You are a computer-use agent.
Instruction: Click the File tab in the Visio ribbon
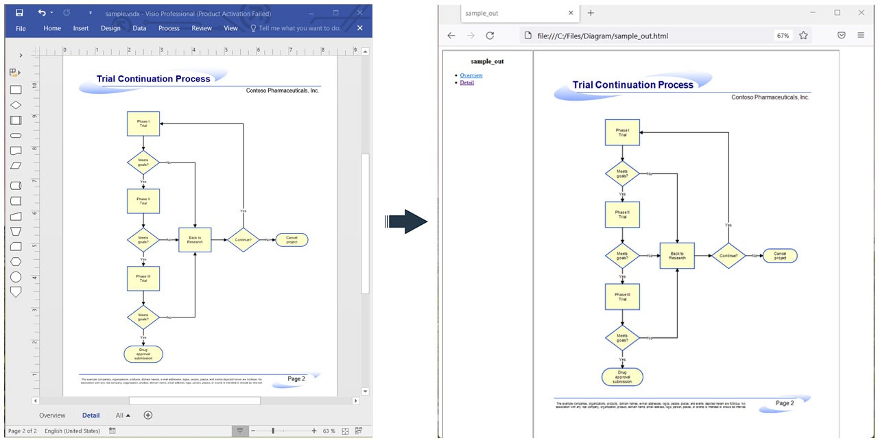[21, 28]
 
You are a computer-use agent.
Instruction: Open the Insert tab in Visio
[81, 28]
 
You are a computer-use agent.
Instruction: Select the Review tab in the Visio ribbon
[202, 28]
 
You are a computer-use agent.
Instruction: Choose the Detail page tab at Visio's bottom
[91, 415]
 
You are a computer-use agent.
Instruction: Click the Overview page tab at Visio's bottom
[52, 415]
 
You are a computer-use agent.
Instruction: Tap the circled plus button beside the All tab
[147, 415]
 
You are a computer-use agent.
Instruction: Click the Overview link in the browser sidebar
[471, 75]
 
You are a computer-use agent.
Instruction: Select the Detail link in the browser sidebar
[466, 82]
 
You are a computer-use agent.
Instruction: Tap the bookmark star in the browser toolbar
[803, 36]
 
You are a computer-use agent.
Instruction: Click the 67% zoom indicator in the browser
[782, 36]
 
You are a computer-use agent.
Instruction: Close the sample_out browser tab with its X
[571, 13]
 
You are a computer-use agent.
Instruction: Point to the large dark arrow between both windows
[407, 221]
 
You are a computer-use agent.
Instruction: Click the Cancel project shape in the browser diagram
[780, 256]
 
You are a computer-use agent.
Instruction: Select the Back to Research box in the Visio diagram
[195, 240]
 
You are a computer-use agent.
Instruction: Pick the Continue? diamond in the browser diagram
[728, 256]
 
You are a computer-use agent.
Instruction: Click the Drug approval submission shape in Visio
[143, 354]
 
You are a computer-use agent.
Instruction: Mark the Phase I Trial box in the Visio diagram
[143, 124]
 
